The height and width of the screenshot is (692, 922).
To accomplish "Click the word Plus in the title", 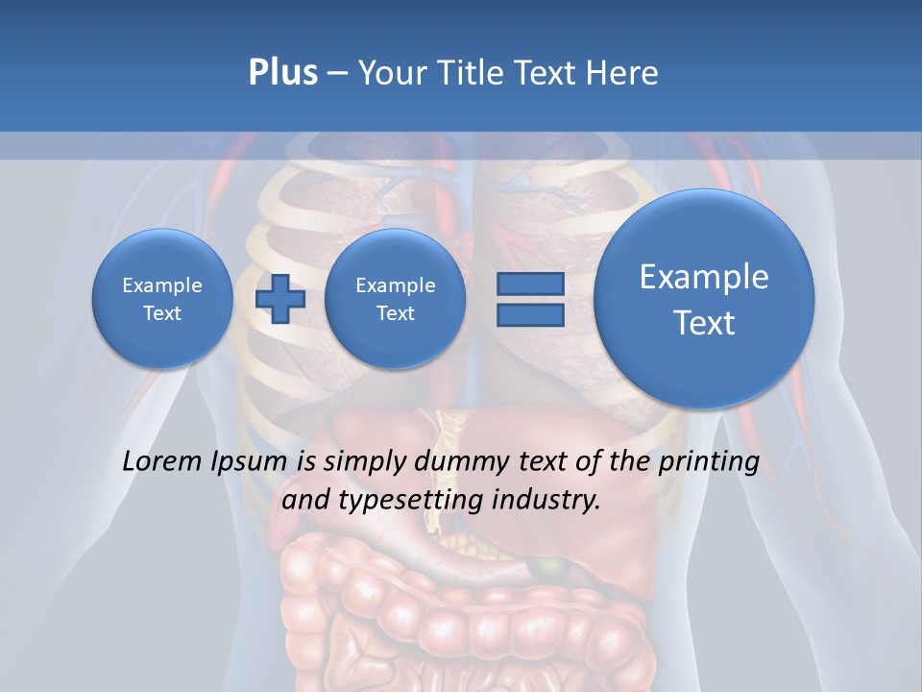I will [x=282, y=73].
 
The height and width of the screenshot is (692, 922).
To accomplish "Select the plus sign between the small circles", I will [x=279, y=298].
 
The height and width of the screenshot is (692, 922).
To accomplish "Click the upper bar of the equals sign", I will [x=529, y=284].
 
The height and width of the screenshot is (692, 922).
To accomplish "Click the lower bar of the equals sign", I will [x=529, y=314].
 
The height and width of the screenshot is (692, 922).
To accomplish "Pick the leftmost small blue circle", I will [x=162, y=298].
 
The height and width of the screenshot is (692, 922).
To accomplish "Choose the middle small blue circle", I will [x=395, y=298].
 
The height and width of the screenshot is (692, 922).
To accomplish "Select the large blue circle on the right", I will [x=704, y=298].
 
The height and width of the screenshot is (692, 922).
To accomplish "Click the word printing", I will [x=709, y=462].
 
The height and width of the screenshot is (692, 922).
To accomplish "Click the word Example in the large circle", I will [x=704, y=277].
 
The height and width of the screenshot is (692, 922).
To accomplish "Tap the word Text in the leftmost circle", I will [x=162, y=313].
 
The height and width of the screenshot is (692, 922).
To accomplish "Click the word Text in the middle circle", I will [x=395, y=313].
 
